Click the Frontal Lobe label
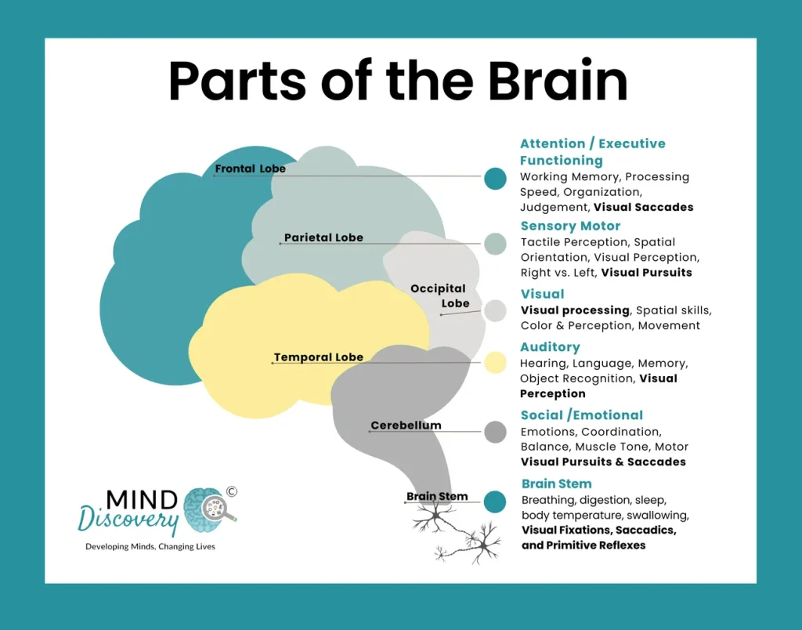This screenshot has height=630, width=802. (x=250, y=168)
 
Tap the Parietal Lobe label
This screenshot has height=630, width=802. (x=323, y=237)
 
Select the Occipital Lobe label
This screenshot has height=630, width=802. (x=439, y=296)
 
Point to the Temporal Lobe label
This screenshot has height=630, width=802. (x=318, y=357)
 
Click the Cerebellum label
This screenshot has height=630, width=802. (x=406, y=425)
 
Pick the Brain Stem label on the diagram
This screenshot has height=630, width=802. (x=437, y=496)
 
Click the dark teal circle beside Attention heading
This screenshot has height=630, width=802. (x=495, y=179)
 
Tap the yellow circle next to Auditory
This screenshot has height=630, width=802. (x=495, y=363)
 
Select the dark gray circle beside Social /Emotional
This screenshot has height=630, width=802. (x=495, y=432)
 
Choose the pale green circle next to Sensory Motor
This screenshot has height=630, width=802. (x=495, y=244)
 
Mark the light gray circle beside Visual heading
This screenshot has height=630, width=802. (x=495, y=311)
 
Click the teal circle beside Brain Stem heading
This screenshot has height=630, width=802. (x=495, y=501)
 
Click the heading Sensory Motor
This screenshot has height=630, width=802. (x=570, y=226)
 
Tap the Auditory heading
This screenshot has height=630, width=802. (x=550, y=347)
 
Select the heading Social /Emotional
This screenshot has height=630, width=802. (x=581, y=415)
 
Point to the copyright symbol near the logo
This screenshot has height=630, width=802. (x=231, y=492)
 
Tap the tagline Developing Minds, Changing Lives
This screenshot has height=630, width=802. (x=150, y=546)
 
